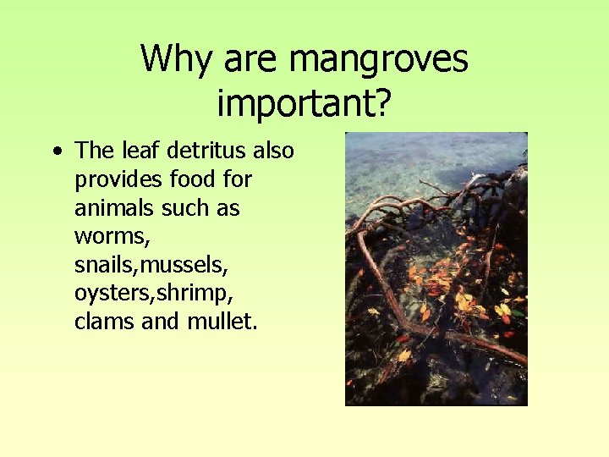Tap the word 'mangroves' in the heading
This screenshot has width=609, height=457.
[x=378, y=59]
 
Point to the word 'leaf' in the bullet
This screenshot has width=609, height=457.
[x=140, y=151]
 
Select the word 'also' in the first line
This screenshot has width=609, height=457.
[x=273, y=151]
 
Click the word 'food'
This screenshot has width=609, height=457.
[x=194, y=179]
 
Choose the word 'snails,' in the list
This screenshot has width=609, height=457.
[x=107, y=265]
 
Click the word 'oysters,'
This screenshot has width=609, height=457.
[x=110, y=294]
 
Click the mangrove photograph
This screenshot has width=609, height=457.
[x=436, y=268]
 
